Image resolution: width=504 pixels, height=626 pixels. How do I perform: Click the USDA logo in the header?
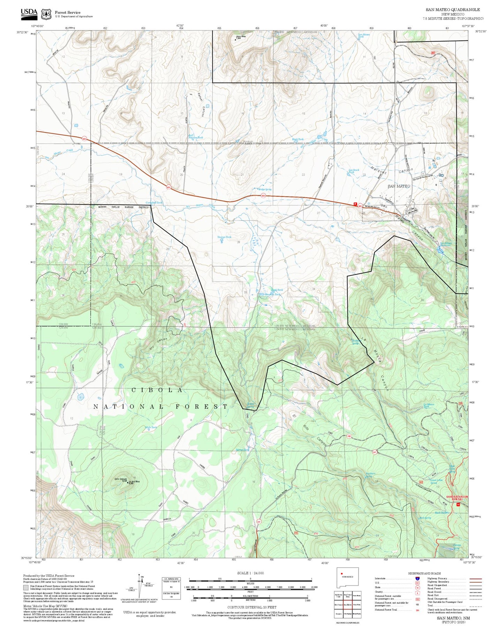point(29,13)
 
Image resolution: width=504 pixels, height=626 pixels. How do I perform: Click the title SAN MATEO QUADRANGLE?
point(452,10)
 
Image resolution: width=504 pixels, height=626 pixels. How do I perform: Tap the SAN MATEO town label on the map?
point(399,186)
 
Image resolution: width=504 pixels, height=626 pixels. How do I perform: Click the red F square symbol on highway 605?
point(355,204)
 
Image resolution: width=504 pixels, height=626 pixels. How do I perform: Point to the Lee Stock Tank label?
point(354,171)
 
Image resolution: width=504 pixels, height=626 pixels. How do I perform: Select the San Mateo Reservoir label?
point(445,244)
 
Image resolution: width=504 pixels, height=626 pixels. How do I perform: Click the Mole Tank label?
point(151,427)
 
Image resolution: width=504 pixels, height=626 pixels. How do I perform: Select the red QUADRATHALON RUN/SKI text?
point(457,498)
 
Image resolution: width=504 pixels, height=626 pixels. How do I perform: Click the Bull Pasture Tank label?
point(195,137)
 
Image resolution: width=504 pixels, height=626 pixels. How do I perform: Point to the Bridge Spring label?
point(265,189)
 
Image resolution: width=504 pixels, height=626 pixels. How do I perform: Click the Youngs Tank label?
point(224,237)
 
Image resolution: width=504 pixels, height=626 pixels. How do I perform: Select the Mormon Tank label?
point(272,294)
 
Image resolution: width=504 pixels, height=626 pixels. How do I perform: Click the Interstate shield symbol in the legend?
point(418,579)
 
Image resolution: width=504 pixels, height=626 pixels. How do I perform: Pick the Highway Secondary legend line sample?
point(475,582)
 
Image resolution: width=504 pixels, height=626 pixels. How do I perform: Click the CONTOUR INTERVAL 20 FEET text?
point(251,608)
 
